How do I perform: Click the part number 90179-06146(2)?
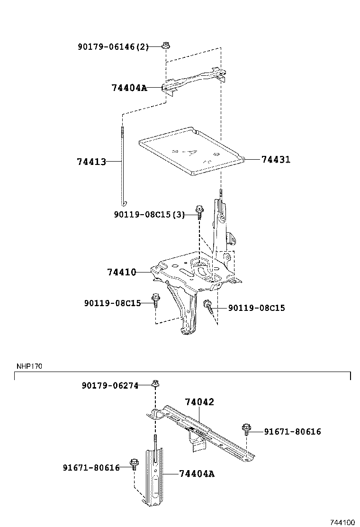click(113, 46)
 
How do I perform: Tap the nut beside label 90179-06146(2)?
click(166, 46)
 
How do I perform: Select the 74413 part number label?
click(90, 162)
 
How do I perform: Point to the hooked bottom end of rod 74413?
click(123, 203)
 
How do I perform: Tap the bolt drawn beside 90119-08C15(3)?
click(199, 211)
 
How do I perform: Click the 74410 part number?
click(121, 272)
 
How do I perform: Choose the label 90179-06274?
click(109, 386)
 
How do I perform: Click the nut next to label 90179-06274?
click(155, 383)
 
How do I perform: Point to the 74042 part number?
click(199, 402)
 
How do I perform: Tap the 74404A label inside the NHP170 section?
click(197, 473)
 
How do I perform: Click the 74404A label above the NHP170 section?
click(129, 88)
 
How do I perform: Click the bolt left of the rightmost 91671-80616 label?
click(246, 429)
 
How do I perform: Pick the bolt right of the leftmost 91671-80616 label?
click(134, 463)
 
